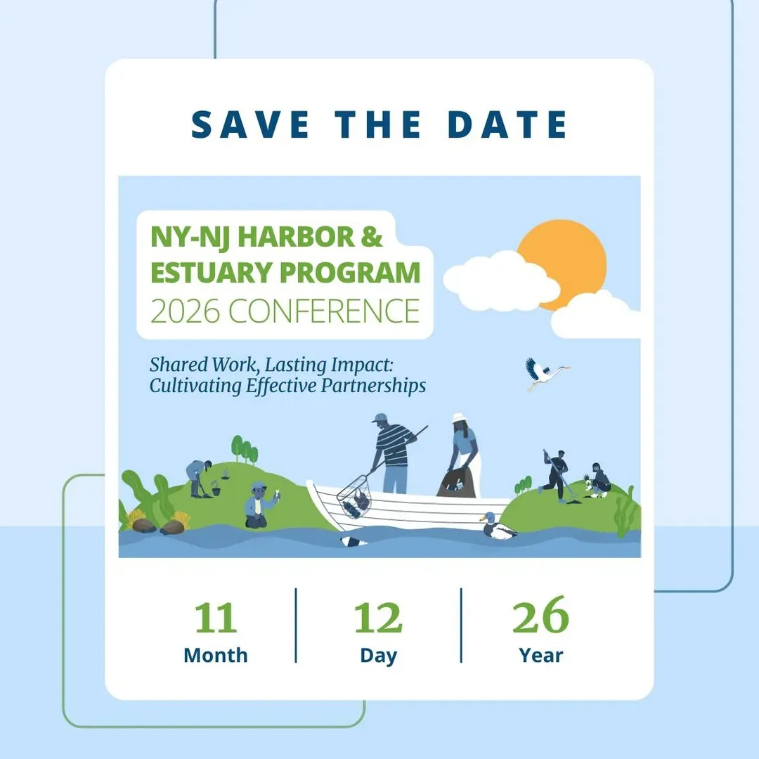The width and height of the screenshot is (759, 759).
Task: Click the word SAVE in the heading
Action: coord(250,125)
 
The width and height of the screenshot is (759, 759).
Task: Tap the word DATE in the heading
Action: coord(507,125)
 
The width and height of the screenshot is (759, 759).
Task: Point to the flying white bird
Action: coord(546,373)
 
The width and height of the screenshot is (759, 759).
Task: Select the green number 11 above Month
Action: coord(216,618)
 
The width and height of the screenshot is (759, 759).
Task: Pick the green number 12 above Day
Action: coord(378,618)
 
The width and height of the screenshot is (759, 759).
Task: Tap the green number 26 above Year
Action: coord(540,615)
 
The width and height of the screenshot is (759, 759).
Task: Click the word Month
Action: coord(216,656)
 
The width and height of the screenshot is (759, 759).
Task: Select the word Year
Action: coord(540,656)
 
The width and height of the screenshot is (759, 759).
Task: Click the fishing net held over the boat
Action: coord(353,496)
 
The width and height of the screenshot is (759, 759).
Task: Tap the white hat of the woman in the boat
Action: coord(459,417)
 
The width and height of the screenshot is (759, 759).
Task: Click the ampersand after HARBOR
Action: coord(371,237)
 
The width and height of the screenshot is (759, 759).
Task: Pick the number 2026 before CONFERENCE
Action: coord(185,311)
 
